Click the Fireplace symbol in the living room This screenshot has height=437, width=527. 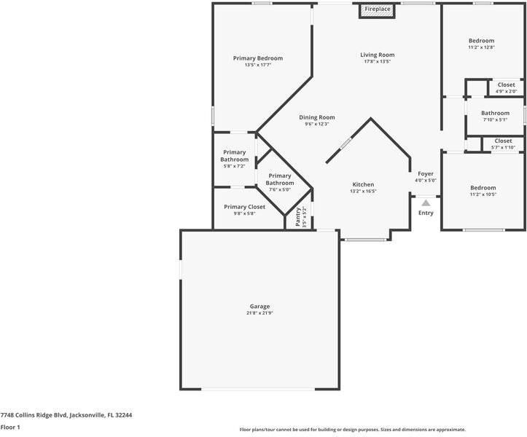point(378,9)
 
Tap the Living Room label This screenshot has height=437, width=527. point(378,55)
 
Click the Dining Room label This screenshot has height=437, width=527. point(317,117)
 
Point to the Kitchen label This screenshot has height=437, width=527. point(363,185)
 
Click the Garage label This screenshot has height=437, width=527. point(259,307)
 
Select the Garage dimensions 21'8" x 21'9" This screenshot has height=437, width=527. point(259,314)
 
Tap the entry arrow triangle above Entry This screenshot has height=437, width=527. point(426,204)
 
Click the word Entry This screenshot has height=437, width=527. point(426,213)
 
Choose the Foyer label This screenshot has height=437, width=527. point(426,174)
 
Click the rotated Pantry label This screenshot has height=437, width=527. point(298,218)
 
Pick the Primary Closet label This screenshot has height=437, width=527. point(245,207)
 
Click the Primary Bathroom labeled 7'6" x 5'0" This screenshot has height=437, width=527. point(280,179)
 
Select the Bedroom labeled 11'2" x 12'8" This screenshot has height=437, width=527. point(481,41)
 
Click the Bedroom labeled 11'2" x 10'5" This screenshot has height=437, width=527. point(483,188)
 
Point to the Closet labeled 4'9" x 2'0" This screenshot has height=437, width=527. point(506,85)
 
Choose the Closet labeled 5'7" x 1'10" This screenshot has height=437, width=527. point(503,141)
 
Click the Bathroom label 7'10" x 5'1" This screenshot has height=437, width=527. point(495,113)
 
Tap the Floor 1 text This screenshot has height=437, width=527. point(10,428)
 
